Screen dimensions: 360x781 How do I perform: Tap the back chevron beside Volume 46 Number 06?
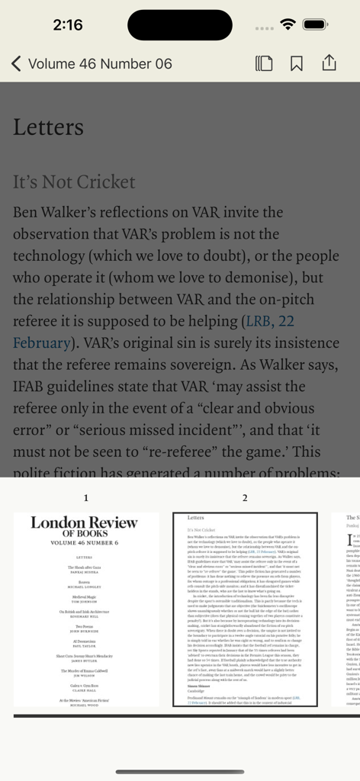click(x=16, y=63)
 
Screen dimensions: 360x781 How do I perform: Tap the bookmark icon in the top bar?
click(x=297, y=63)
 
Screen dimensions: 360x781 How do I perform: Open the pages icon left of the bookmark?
click(x=264, y=63)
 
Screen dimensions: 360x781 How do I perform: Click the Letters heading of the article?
click(x=48, y=127)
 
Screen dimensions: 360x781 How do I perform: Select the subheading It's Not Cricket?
click(x=74, y=182)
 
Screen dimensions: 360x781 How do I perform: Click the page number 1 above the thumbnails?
click(x=86, y=498)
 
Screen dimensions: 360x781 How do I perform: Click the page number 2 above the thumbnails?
click(x=245, y=498)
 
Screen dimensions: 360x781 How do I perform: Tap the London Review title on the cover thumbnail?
click(x=85, y=522)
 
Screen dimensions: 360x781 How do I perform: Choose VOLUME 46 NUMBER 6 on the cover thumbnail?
click(x=85, y=543)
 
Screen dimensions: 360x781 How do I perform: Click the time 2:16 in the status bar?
click(x=68, y=24)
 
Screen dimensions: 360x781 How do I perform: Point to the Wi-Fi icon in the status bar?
click(x=288, y=24)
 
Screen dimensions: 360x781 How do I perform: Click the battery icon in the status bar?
click(x=316, y=24)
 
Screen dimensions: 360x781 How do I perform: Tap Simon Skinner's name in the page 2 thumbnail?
click(x=200, y=664)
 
